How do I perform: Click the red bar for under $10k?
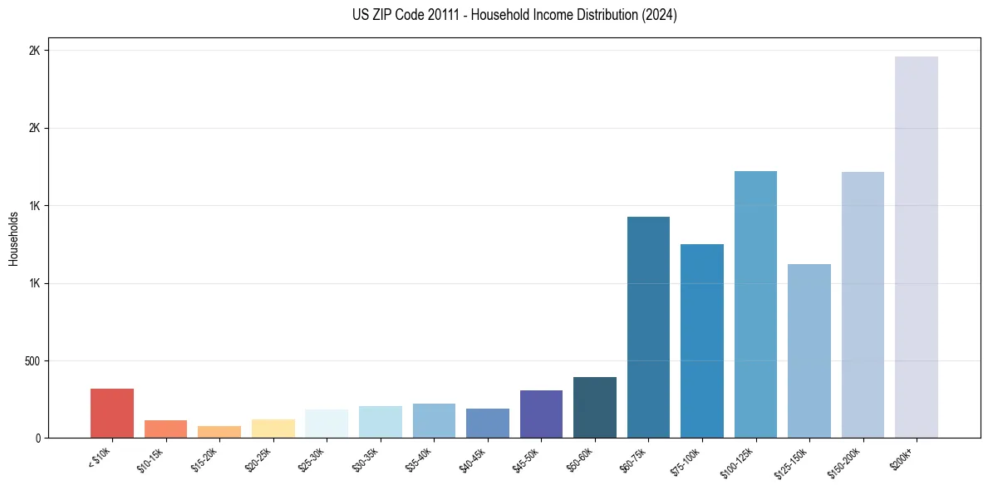[112, 413]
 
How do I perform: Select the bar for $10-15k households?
[165, 429]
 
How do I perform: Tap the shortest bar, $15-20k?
[219, 432]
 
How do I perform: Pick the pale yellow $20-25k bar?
[273, 429]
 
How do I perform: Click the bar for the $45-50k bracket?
[541, 414]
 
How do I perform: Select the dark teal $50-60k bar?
[595, 407]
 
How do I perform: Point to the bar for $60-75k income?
[648, 327]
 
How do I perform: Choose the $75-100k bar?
[702, 341]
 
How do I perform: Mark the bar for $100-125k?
[755, 304]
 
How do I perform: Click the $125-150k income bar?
[809, 350]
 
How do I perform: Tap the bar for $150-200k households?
[863, 305]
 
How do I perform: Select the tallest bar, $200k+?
[917, 247]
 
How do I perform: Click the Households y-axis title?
[13, 238]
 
